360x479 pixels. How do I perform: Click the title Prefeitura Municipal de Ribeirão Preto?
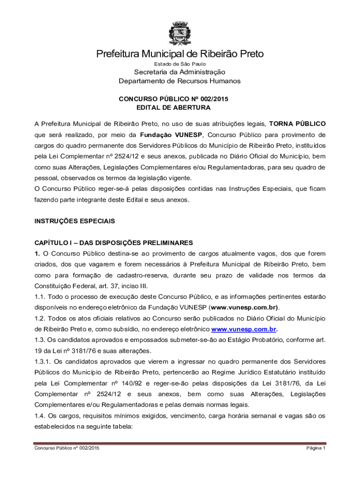[180, 54]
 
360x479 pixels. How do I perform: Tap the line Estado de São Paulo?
[180, 64]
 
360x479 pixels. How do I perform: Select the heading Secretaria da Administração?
[180, 72]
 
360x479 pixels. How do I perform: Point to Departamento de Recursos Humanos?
[180, 81]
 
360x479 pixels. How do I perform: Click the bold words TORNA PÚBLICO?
[297, 124]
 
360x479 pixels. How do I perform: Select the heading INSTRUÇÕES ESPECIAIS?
[74, 221]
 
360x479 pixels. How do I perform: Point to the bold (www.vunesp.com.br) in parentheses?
[244, 307]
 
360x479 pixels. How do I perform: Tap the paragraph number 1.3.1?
[43, 362]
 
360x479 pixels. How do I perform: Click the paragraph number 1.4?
[40, 415]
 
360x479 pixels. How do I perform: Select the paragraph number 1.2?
[40, 318]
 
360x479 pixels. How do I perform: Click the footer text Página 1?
[316, 448]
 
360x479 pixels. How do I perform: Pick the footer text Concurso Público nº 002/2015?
[67, 448]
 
